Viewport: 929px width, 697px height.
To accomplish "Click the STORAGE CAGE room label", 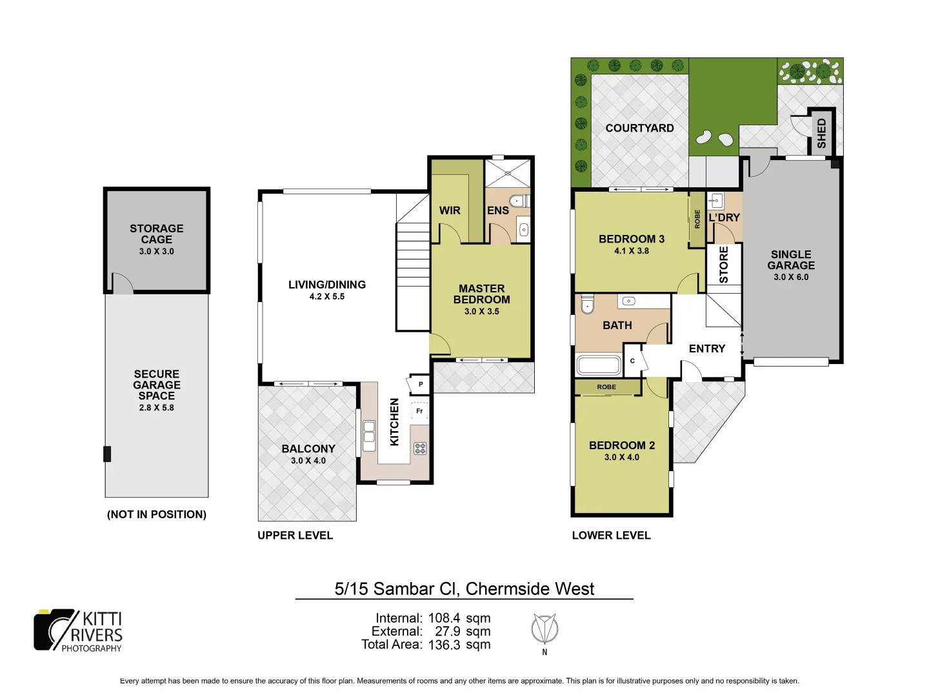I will tap(156, 234).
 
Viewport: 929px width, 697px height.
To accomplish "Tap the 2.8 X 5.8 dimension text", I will tap(156, 408).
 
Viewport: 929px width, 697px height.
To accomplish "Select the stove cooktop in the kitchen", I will tap(420, 448).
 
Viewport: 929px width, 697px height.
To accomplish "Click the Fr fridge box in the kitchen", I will tap(419, 411).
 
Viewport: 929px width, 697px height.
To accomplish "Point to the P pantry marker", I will tap(420, 385).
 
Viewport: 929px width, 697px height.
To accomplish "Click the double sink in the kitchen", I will tap(369, 436).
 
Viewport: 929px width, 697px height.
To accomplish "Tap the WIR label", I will tap(450, 210).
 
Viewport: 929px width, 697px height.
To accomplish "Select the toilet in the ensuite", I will tap(519, 201).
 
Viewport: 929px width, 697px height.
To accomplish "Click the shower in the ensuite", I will tap(508, 173).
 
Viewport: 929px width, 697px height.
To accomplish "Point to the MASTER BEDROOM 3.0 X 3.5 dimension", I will tap(481, 312).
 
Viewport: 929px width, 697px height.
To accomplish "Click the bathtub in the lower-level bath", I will tap(599, 365).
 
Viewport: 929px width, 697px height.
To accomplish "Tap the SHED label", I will tap(821, 133).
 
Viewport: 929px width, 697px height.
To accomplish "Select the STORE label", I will tap(723, 265).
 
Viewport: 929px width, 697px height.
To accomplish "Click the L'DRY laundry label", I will tap(724, 217).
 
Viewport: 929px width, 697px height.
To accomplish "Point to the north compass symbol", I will tap(544, 629).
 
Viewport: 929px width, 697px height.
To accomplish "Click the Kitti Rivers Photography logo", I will tap(78, 631).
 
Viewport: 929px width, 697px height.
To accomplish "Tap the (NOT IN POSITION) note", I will tap(157, 514).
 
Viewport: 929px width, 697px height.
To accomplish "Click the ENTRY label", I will tap(706, 348).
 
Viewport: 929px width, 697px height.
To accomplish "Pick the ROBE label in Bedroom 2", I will tap(606, 387).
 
